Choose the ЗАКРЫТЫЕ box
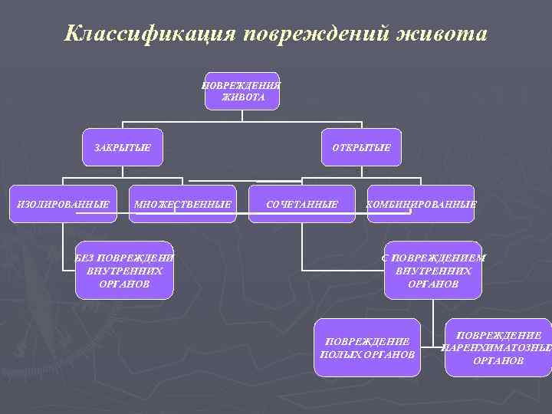[123, 146]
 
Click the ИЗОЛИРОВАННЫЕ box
[64, 205]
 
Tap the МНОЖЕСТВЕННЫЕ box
[182, 205]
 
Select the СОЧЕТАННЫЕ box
[302, 205]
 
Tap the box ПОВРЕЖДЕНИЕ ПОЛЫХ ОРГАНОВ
[368, 347]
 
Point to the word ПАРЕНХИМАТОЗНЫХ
[498, 347]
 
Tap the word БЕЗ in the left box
[84, 258]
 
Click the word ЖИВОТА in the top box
[242, 98]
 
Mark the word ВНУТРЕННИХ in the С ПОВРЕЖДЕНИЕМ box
[434, 271]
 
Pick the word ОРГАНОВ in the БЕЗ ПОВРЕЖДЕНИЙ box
[125, 284]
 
